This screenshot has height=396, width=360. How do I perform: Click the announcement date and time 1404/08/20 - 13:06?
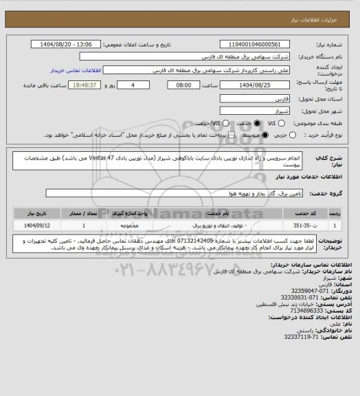click(67, 43)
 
